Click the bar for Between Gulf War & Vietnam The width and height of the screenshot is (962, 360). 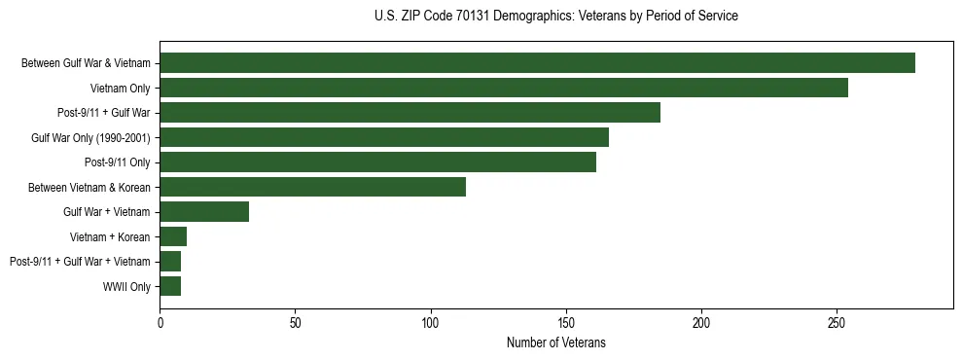(x=537, y=63)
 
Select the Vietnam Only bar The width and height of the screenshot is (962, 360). (x=504, y=88)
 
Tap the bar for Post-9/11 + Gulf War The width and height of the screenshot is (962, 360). (x=410, y=113)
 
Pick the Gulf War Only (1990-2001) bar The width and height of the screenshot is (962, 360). (x=384, y=137)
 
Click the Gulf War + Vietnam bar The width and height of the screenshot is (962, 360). (x=204, y=212)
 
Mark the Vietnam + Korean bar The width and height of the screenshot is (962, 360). (x=173, y=236)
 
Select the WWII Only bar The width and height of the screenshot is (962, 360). (x=170, y=286)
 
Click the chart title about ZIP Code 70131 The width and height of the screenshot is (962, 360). (x=555, y=17)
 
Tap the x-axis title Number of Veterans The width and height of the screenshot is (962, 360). (x=555, y=343)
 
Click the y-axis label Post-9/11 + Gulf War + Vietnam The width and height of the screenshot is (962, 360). (x=80, y=262)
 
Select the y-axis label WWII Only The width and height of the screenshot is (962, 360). (x=126, y=286)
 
